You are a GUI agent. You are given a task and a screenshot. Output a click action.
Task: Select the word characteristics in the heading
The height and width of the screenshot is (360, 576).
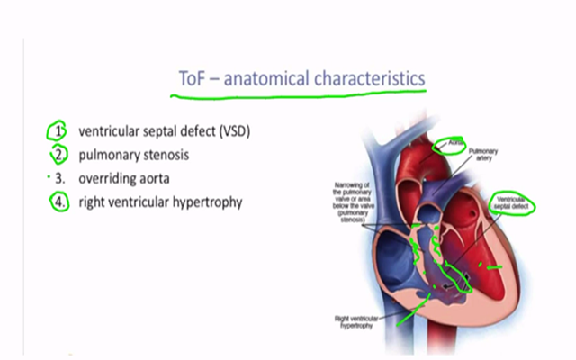coord(367,79)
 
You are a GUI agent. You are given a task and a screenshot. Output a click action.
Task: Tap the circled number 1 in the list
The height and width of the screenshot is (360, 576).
coord(58,131)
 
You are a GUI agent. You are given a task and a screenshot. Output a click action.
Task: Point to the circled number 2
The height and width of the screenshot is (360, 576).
coord(58,154)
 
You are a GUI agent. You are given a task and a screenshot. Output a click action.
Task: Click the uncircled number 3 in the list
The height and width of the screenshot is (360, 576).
coord(59,178)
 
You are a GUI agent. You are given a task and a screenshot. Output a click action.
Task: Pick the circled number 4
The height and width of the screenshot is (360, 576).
coord(58,202)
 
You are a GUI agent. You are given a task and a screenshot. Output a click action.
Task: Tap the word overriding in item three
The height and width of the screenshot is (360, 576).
coord(110,178)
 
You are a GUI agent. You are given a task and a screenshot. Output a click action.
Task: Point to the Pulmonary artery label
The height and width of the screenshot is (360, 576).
coord(483,157)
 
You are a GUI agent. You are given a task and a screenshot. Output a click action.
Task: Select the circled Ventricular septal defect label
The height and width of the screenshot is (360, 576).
coord(509,204)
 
